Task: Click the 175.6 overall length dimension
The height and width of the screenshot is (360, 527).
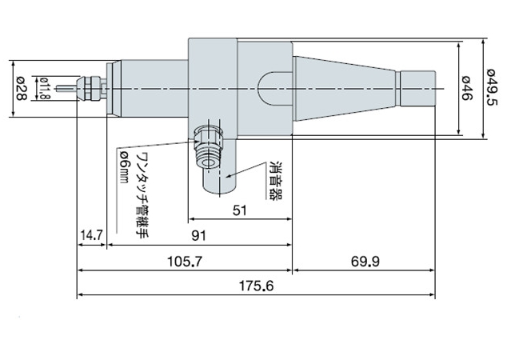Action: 256,286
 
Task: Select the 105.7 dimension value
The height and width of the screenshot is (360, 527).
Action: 186,261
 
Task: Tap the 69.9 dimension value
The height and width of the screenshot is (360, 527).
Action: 365,261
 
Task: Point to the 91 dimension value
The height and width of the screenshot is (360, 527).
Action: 198,236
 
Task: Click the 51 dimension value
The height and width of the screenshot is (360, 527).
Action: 240,210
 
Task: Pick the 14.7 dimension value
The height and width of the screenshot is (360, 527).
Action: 91,235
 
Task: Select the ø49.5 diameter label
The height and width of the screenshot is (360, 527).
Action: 491,87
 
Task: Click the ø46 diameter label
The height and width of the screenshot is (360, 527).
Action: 467,88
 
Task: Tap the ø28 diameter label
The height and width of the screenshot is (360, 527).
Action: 21,89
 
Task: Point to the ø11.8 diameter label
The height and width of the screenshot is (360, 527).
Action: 44,89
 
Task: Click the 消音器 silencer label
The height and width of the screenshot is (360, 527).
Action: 276,181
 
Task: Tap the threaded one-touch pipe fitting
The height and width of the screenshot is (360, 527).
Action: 209,146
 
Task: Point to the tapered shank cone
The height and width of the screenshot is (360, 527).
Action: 344,89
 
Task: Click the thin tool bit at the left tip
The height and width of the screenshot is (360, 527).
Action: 67,89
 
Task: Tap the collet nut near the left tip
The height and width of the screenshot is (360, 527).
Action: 89,89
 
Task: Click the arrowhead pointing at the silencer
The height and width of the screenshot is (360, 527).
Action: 229,175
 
